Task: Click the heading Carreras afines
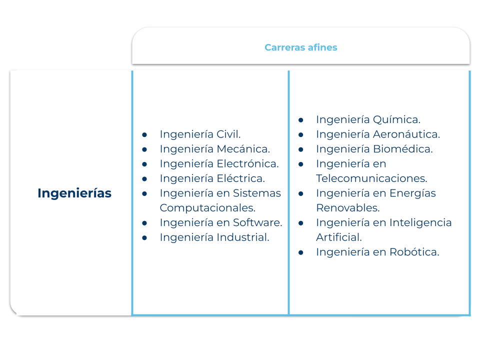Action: (x=300, y=47)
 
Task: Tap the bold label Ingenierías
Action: (x=74, y=193)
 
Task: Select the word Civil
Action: (x=228, y=134)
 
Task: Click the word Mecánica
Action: (x=243, y=149)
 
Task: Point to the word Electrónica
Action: (x=247, y=163)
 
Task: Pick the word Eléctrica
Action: (x=241, y=178)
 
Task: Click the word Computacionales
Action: (x=207, y=208)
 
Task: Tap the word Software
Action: (x=257, y=222)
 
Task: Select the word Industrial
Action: (x=243, y=237)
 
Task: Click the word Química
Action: (x=396, y=119)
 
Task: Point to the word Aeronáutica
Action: (x=406, y=134)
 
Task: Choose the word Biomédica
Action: (x=403, y=149)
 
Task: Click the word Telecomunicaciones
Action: (x=371, y=178)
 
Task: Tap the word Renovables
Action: (x=348, y=208)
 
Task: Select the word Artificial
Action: (x=339, y=237)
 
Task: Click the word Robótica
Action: (x=414, y=252)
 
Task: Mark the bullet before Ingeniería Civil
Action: (x=144, y=134)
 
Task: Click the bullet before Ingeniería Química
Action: (x=301, y=120)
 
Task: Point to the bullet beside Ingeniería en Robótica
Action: (x=301, y=252)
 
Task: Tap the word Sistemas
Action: (x=257, y=193)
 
